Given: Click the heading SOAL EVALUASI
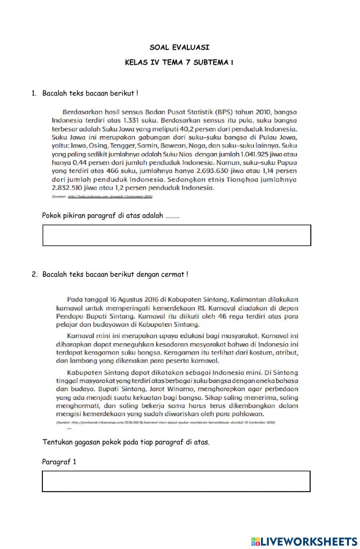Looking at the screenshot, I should (179, 47).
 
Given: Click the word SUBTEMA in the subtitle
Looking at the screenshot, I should (211, 62).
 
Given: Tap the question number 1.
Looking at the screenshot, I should (34, 93).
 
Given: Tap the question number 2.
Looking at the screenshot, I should (34, 274).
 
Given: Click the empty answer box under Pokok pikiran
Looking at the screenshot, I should (176, 235).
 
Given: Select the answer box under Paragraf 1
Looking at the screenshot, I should (176, 481).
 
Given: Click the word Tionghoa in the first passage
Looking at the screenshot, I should (246, 179).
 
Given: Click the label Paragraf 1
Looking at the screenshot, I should (59, 462).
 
